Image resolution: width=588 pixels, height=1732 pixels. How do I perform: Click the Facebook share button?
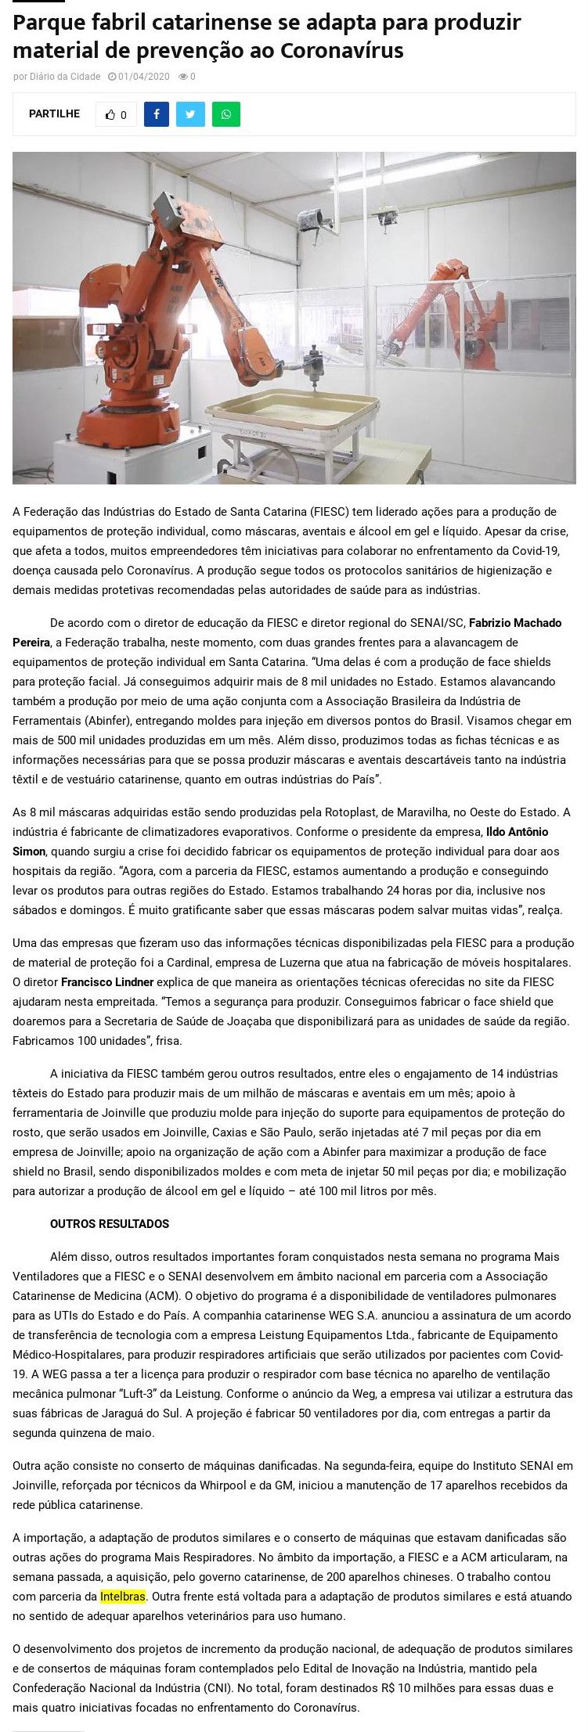[157, 114]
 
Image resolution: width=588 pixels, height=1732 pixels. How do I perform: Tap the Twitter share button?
[190, 114]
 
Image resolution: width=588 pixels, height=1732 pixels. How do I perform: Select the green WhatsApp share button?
[225, 114]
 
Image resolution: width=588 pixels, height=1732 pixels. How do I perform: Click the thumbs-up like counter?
[116, 114]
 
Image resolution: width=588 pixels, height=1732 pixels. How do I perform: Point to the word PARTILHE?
[54, 113]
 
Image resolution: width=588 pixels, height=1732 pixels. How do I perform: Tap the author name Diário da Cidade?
[64, 77]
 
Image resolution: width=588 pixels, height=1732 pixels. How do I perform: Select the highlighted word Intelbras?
[123, 1596]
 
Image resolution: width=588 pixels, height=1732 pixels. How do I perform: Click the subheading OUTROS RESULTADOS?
[110, 1224]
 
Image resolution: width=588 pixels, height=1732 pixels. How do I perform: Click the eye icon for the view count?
[183, 77]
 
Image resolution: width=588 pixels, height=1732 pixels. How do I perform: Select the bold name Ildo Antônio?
[518, 832]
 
